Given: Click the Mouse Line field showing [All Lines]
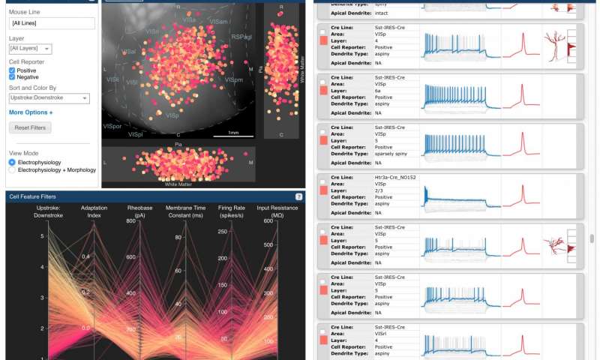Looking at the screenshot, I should tap(50, 23).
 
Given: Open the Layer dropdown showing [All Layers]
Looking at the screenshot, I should tap(30, 49).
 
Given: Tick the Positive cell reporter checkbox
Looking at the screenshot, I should tap(12, 70).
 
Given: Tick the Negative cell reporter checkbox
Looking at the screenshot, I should tap(12, 77).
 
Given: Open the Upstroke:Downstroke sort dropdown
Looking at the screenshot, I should tap(49, 98).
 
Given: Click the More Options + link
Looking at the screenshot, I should tap(31, 112).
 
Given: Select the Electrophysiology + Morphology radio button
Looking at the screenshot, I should tap(12, 170).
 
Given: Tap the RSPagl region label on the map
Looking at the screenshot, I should tap(241, 36).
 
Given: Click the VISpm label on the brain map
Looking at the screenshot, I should tap(233, 79).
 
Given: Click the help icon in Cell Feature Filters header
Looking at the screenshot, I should tap(298, 196).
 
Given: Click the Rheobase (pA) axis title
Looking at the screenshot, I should tap(139, 211).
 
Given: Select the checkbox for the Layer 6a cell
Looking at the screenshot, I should tap(322, 82).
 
